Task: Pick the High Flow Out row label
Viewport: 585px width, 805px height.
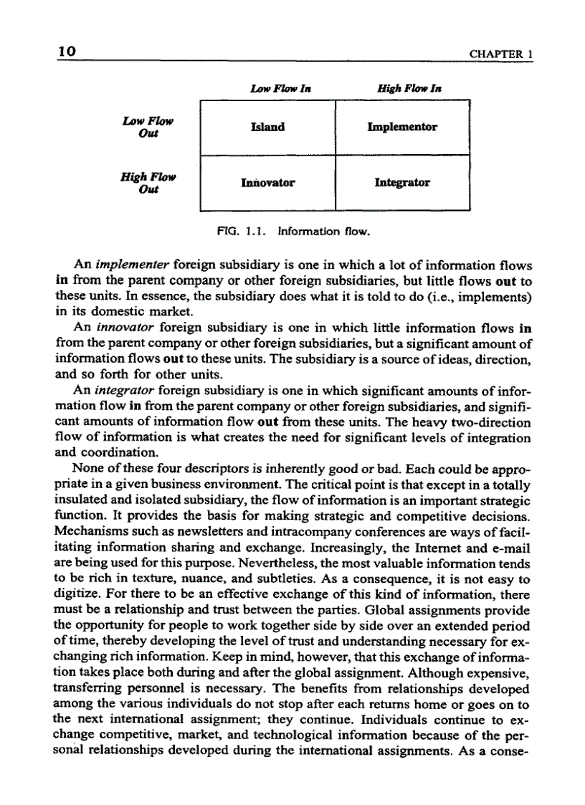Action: pyautogui.click(x=148, y=183)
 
